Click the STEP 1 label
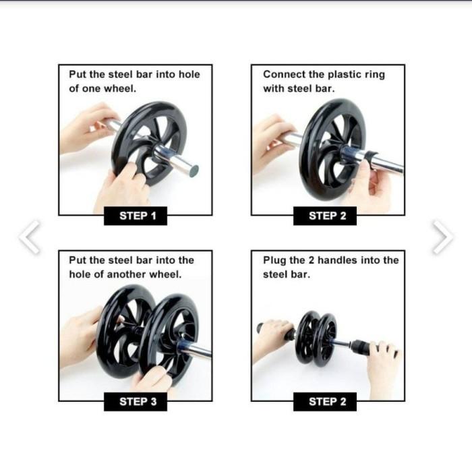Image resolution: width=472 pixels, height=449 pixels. pos(138,216)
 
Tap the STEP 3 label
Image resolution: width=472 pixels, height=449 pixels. pos(138,402)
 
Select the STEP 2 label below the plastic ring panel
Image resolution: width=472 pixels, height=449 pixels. pos(327,216)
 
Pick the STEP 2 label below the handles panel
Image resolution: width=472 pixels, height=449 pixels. pos(327,402)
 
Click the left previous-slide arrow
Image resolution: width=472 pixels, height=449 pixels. pos(29,237)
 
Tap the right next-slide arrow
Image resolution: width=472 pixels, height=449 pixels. pos(442,237)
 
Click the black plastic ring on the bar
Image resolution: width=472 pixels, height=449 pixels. pos(370,157)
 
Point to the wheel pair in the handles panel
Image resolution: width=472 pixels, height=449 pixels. pos(316,338)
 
